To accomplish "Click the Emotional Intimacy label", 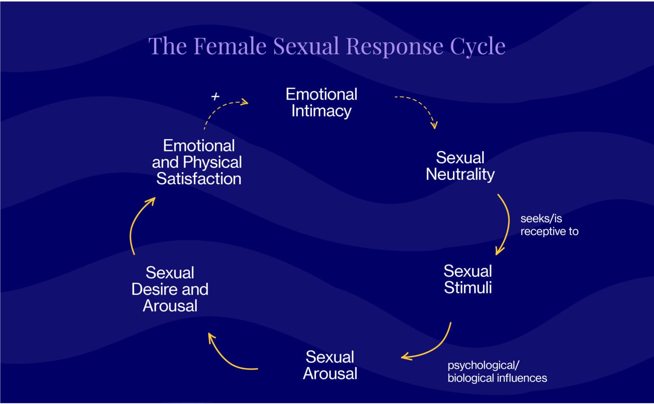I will [321, 102].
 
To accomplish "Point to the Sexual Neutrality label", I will [460, 166].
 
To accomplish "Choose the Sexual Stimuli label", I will [468, 279].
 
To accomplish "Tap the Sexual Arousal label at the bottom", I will [330, 365].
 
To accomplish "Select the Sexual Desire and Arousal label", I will [170, 289].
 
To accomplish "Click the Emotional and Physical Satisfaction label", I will [198, 162].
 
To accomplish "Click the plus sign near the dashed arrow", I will [215, 97].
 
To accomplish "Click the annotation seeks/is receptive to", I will [549, 225].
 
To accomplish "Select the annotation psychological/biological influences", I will [497, 372].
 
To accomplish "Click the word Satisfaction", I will [198, 179].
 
